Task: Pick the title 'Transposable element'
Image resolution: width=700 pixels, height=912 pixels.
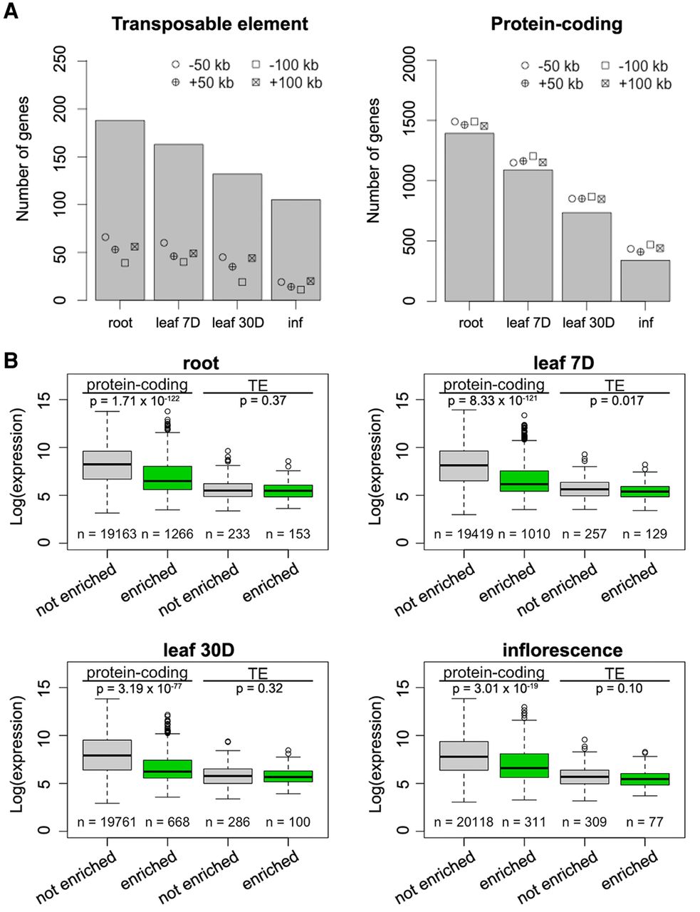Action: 209,24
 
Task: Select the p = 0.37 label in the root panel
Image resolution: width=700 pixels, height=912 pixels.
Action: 263,400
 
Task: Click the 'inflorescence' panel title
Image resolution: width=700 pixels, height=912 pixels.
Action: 562,650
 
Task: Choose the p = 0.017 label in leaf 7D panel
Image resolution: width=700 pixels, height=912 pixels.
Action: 617,401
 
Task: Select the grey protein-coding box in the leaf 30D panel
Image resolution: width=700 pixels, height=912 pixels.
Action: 107,755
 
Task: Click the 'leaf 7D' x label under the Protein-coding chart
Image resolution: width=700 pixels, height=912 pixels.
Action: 528,323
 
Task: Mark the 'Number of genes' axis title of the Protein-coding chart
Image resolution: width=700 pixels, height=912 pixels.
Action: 373,161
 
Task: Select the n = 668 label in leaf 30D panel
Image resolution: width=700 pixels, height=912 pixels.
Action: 167,822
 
